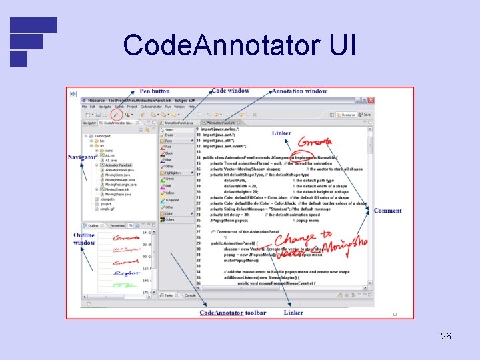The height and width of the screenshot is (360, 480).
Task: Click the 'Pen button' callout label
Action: (155, 91)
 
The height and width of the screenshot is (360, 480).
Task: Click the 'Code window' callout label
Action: (230, 91)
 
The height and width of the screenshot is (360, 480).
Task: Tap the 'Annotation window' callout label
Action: (299, 91)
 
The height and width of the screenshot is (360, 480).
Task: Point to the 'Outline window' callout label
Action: (84, 239)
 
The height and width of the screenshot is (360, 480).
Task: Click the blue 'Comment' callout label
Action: (387, 211)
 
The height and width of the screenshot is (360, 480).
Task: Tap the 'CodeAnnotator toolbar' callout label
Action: (233, 313)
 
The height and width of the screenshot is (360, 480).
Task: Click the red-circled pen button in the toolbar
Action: (117, 114)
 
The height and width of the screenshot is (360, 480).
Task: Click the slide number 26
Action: (446, 336)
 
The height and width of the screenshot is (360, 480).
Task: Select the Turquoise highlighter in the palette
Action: (172, 200)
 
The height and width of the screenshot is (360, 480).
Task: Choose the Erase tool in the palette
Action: (169, 135)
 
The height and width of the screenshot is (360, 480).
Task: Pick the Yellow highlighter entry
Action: (170, 193)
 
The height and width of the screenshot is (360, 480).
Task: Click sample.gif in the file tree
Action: (109, 208)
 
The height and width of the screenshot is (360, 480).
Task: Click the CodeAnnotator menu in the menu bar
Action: (151, 107)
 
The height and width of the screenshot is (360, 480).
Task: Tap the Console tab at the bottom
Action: (190, 295)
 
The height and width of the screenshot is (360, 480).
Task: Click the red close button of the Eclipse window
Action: (369, 100)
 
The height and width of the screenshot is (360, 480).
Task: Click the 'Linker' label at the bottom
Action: (293, 313)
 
